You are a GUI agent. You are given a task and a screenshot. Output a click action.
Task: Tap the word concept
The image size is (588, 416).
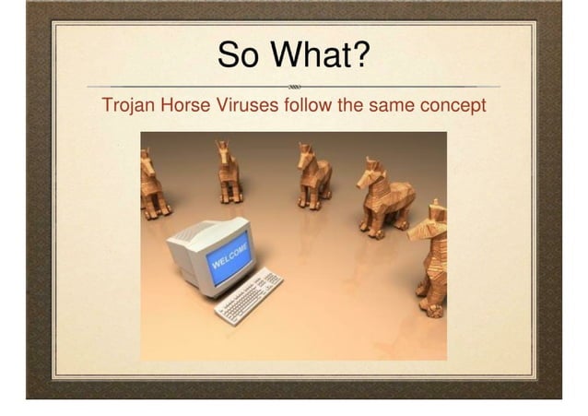(x=453, y=105)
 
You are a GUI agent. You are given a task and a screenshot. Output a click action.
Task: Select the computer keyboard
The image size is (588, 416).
(x=249, y=293)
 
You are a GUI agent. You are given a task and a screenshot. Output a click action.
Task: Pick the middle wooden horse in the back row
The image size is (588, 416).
(x=313, y=174)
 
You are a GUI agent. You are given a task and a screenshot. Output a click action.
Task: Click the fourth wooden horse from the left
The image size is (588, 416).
(x=385, y=196)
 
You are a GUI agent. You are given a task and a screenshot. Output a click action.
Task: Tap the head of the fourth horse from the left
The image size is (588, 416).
(x=370, y=171)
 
